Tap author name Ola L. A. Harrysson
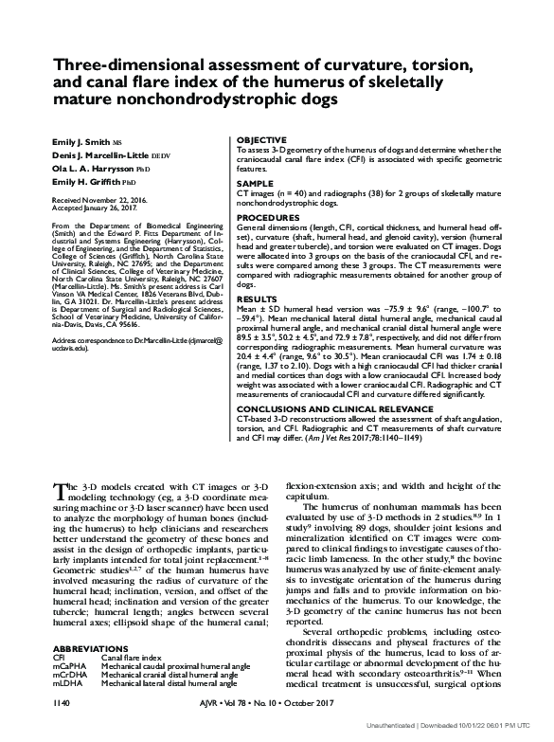96,168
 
